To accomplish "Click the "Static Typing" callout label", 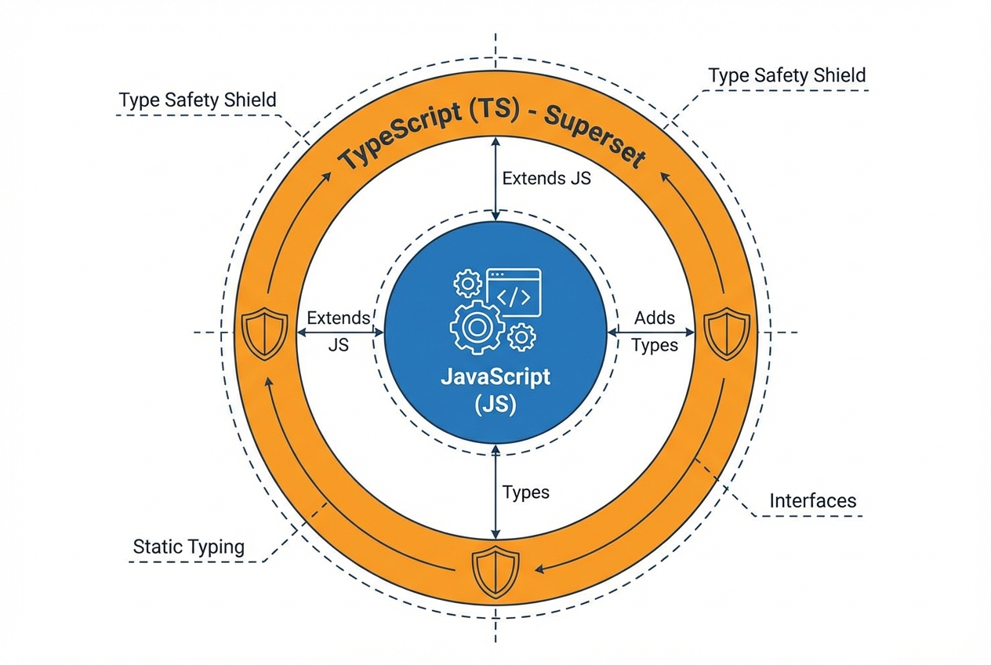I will [188, 547].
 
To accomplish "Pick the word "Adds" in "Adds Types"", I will [655, 318].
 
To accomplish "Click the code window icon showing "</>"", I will [514, 291].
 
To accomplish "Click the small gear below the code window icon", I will [521, 337].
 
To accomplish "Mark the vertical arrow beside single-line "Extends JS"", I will [495, 177].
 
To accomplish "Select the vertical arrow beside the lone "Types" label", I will [495, 492].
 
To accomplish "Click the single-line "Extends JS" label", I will [546, 178].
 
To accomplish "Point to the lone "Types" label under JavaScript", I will [525, 492].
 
